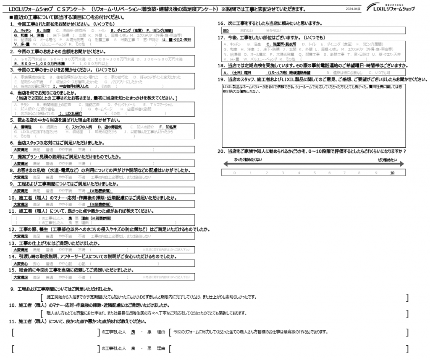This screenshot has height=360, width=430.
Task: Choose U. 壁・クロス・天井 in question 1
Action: point(180,39)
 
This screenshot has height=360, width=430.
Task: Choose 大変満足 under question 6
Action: point(21,150)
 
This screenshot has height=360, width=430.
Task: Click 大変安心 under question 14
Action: point(21,263)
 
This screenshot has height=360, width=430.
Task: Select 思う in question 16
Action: point(225,31)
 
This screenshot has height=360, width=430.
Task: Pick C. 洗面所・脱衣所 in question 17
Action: point(282,44)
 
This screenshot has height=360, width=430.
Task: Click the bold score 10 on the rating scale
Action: point(392,172)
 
